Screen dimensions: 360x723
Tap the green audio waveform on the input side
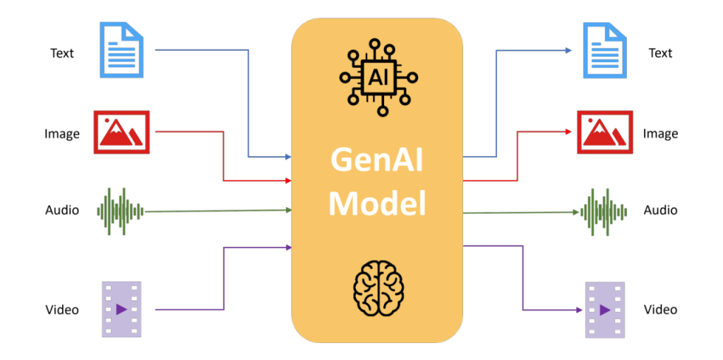(x=120, y=211)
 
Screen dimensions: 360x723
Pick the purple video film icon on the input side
(x=121, y=309)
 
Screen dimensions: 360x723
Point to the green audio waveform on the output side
(x=603, y=211)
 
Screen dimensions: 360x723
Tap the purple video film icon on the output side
(x=605, y=309)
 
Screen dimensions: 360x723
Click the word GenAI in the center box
(x=377, y=161)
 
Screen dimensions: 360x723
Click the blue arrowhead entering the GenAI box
(x=287, y=156)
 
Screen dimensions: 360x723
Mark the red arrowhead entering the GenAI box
(x=287, y=181)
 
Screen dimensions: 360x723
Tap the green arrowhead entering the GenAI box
(x=287, y=210)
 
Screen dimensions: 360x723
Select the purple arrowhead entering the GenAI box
(x=287, y=247)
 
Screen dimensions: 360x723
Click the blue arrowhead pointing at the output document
(x=568, y=50)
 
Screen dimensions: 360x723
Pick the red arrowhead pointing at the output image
(x=568, y=131)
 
